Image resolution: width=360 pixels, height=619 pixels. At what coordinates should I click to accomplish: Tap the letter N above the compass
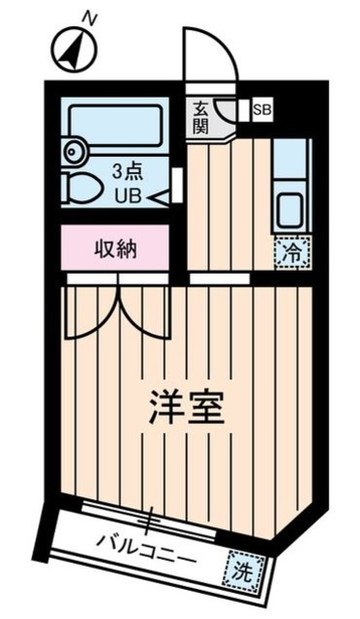[89, 17]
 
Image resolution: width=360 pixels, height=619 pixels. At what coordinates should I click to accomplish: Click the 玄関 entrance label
[200, 117]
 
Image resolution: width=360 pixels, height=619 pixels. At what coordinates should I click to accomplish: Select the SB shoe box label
[262, 109]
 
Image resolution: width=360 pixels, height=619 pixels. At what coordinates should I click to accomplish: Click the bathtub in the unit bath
[115, 125]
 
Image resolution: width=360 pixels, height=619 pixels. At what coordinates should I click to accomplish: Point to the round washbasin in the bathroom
[72, 152]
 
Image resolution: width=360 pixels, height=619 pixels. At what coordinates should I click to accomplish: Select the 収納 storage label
[115, 249]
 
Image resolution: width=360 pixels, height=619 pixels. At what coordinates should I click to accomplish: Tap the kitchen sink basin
[289, 208]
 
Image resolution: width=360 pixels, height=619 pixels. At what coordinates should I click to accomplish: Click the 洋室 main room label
[186, 409]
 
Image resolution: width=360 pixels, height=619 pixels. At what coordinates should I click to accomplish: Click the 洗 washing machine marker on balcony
[241, 571]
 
